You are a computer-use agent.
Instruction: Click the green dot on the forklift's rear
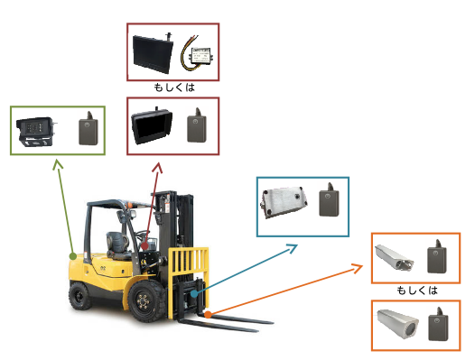73,256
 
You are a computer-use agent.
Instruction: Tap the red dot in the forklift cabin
144,245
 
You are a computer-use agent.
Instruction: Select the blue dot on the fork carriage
194,293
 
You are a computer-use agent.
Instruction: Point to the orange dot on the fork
208,315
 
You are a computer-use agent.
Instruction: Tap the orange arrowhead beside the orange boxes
358,268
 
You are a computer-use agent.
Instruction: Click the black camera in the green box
36,132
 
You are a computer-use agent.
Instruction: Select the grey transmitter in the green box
88,128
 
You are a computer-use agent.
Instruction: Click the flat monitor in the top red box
153,53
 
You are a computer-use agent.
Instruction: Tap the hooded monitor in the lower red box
152,125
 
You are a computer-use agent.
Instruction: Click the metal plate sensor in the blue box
284,202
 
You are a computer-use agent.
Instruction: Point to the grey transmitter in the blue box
329,199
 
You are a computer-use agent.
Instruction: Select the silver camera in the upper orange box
394,258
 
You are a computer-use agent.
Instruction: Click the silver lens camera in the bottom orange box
397,324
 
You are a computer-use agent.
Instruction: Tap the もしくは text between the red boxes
174,88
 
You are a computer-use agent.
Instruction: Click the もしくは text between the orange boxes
417,291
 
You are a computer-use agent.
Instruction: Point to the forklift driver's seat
117,245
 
